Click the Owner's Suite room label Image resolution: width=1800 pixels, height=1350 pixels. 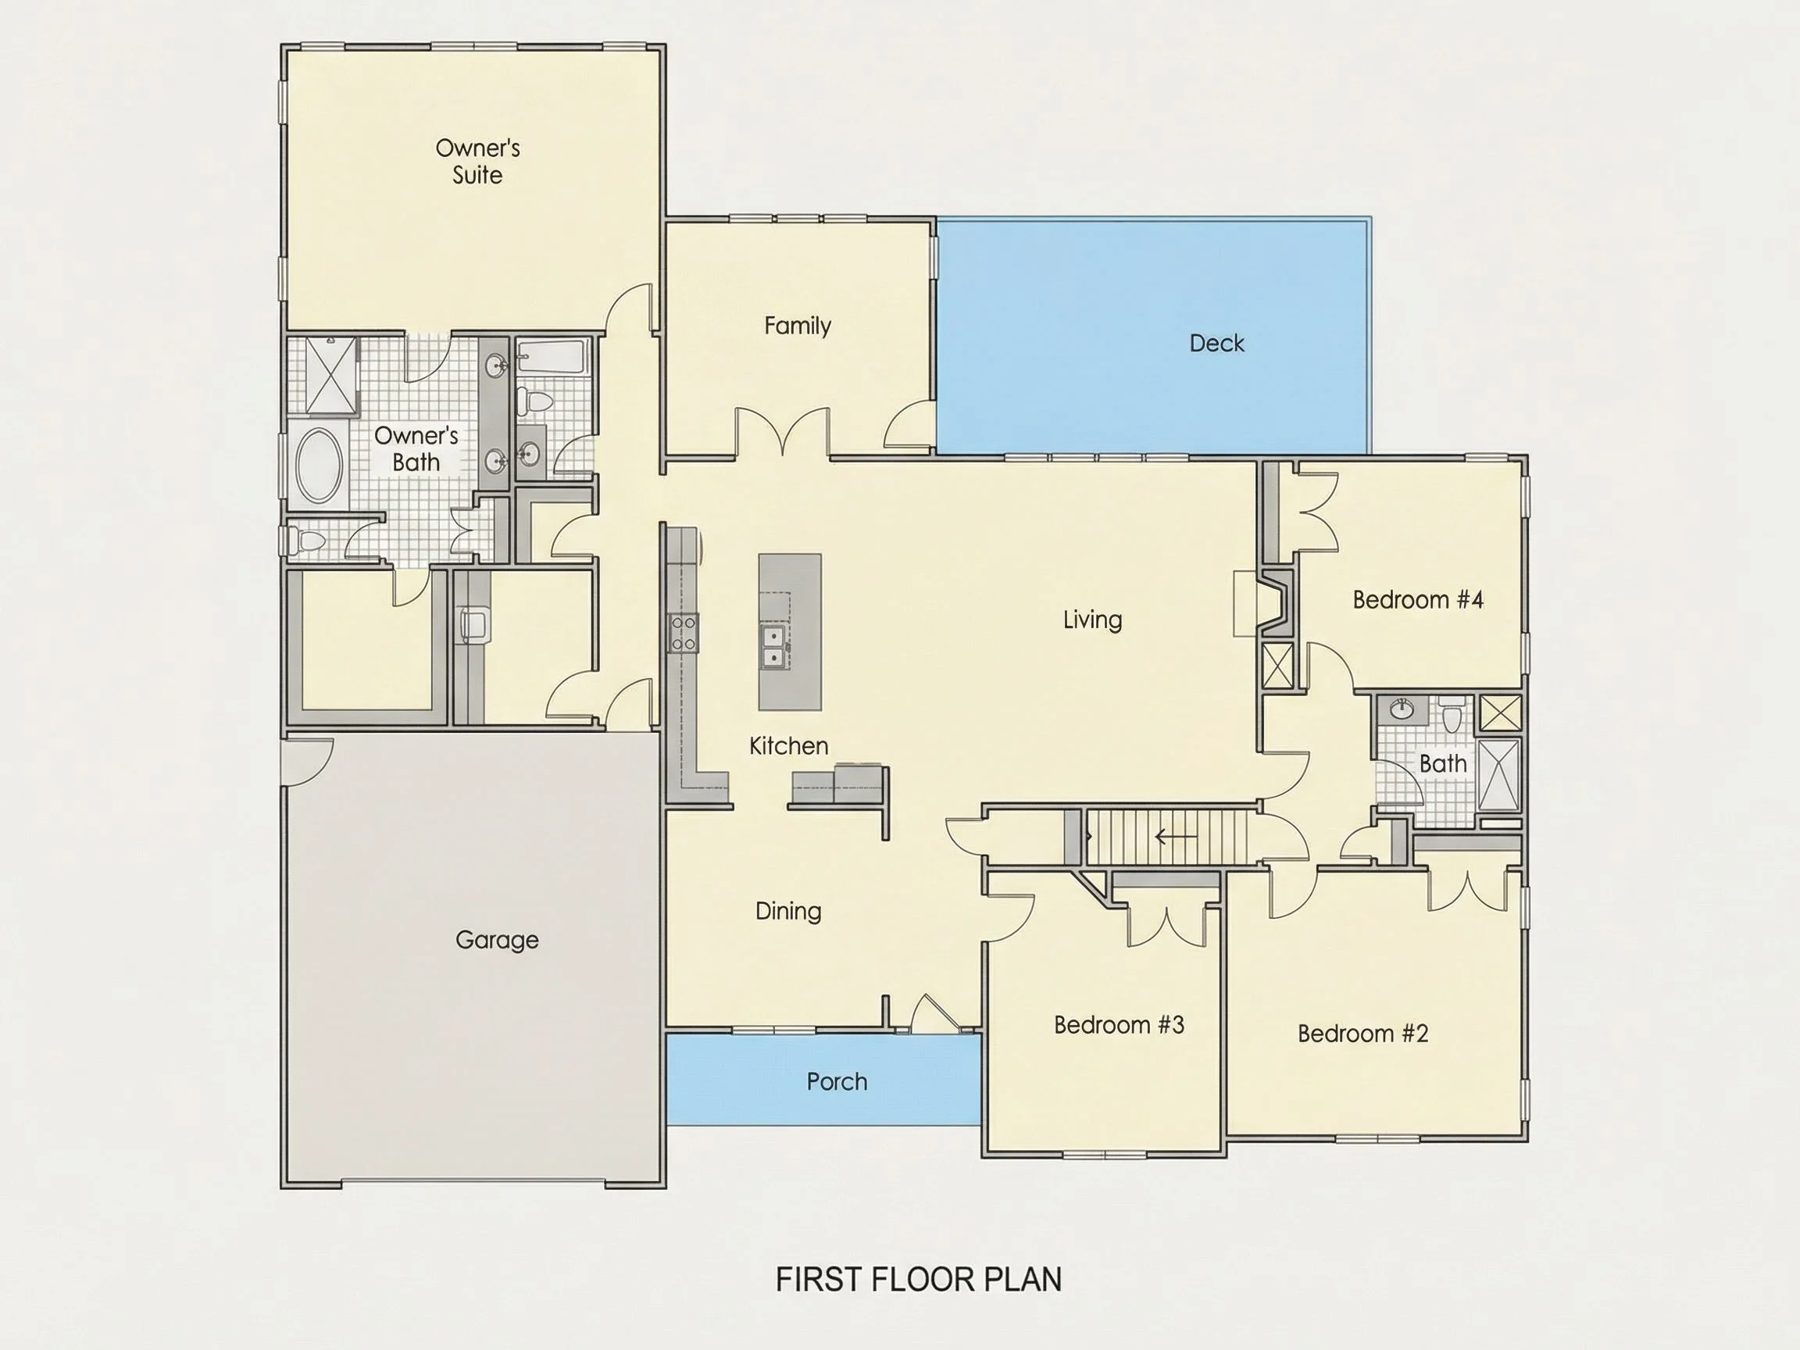click(x=477, y=161)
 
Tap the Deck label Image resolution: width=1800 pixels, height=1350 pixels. click(x=1216, y=344)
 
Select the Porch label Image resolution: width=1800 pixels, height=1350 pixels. click(x=837, y=1081)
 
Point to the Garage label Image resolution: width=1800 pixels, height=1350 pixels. click(x=496, y=940)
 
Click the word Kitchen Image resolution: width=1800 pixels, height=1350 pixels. click(x=788, y=745)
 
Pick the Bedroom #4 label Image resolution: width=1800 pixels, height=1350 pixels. click(x=1417, y=600)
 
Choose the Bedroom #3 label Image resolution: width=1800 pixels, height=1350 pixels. click(x=1119, y=1024)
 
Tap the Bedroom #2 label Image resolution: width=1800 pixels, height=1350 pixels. click(x=1362, y=1034)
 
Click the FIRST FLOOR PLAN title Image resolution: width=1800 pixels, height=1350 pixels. click(x=919, y=1280)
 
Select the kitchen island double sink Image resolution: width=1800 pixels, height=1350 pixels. click(x=774, y=646)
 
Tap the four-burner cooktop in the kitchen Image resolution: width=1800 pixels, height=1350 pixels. click(x=684, y=633)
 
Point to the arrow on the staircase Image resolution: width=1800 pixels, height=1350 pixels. click(x=1176, y=836)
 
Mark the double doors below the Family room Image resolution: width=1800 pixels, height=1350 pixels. click(x=782, y=431)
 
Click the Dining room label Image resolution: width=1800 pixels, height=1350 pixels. click(x=787, y=911)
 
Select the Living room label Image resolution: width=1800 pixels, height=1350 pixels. click(x=1092, y=620)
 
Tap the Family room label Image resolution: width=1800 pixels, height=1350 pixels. click(x=798, y=327)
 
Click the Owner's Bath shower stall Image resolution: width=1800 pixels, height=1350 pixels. click(x=331, y=375)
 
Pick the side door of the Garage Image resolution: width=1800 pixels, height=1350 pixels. click(x=308, y=761)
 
